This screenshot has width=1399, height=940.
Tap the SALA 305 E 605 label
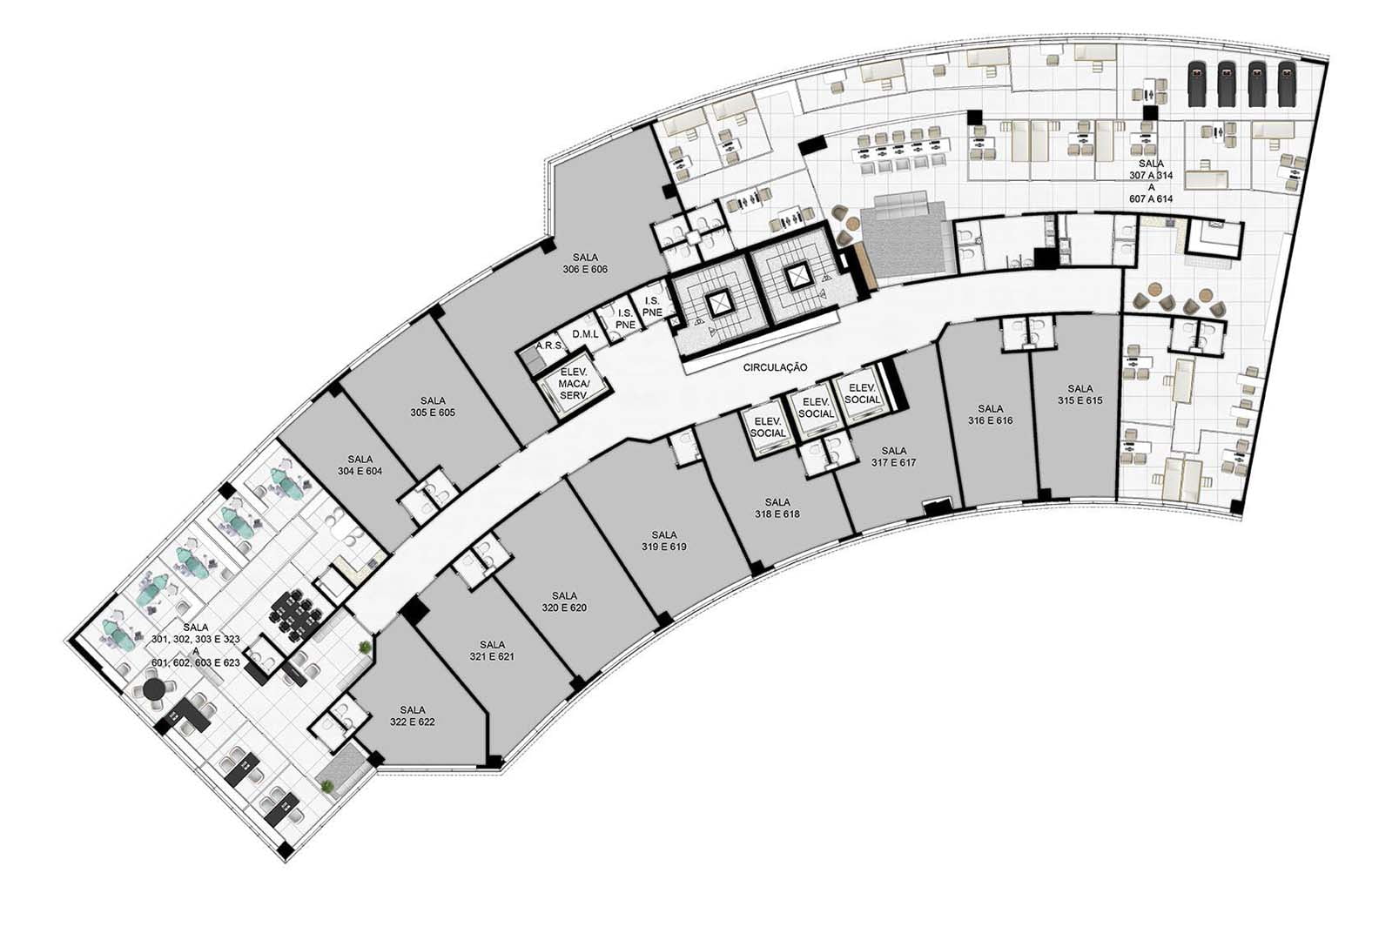coord(433,406)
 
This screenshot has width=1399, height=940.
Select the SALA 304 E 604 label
coord(360,466)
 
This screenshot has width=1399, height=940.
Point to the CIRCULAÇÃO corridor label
coord(775,367)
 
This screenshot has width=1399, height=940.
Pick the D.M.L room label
coord(585,334)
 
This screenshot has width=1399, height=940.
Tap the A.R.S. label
coord(550,346)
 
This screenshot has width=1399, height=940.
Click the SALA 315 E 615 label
coord(1080,395)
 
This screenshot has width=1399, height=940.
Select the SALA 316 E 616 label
coord(990,414)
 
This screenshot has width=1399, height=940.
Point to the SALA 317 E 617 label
coord(894,457)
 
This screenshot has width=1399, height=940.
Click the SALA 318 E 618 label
coord(777,507)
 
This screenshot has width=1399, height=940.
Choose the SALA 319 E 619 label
coord(664,540)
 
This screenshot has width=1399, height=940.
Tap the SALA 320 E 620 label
coord(564,601)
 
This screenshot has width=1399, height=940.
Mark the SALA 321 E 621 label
coord(492,650)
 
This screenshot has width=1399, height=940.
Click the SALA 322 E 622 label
coord(412,715)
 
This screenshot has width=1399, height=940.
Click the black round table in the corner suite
coord(152,689)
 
